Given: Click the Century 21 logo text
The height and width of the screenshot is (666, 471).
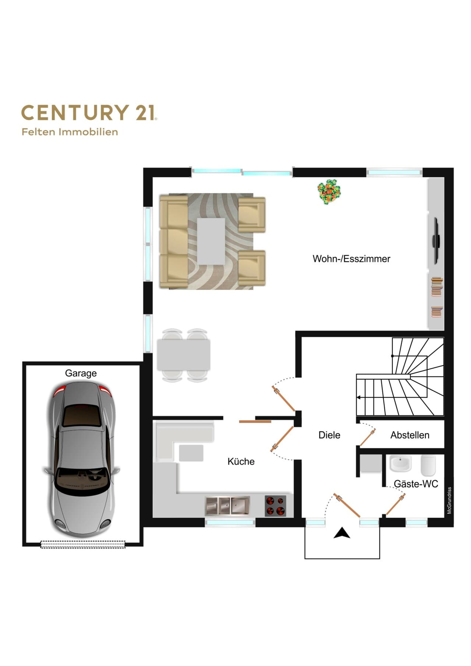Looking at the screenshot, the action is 89,113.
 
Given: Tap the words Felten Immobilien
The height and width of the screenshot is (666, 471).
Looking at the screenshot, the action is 70,132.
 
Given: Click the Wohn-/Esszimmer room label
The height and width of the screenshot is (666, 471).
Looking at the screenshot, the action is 351,259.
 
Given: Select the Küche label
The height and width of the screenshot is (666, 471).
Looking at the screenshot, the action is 241,462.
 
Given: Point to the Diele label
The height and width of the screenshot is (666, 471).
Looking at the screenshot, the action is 329,435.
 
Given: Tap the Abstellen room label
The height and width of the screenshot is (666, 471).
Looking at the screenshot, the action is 410,435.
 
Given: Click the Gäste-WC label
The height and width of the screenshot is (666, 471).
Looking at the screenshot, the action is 416,484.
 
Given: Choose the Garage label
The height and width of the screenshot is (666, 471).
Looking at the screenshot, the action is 81,373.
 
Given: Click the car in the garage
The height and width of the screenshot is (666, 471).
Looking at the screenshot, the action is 82,460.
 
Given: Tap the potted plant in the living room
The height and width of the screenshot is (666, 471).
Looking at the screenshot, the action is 329,192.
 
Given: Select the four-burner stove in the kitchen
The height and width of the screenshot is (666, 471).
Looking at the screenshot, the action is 276,506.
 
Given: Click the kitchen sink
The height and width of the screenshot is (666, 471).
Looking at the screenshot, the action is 227,506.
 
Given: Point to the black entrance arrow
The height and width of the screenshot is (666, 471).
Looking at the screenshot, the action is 342,533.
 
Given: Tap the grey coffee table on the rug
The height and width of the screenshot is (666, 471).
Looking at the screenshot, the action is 211,241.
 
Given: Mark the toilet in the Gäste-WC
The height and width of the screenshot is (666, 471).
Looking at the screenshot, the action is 428,465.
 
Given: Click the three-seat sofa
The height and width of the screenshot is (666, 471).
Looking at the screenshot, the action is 174,241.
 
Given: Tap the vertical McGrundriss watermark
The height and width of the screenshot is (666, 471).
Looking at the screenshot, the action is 449,501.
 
